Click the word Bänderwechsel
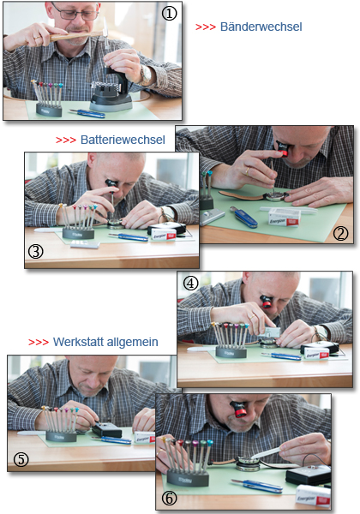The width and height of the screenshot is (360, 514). tap(261, 27)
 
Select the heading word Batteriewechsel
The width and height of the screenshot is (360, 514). tap(123, 140)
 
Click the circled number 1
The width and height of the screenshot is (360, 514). tap(169, 14)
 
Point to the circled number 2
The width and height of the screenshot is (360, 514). tap(340, 233)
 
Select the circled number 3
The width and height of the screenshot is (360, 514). tap(35, 252)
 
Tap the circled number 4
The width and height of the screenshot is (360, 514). tap(190, 283)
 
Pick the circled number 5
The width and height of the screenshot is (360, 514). tap(21, 459)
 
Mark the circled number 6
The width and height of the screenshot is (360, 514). tap(170, 499)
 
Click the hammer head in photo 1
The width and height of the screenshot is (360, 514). tap(105, 31)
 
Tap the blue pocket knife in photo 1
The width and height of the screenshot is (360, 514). tap(87, 113)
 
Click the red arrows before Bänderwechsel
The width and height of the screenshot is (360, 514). tap(206, 27)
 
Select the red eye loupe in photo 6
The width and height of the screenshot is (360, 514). tap(239, 409)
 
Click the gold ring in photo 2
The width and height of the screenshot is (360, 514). tap(247, 171)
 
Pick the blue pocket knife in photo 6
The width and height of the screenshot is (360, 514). tap(257, 486)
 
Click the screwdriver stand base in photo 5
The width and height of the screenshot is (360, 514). tap(61, 437)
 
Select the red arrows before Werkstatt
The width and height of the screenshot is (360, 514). tap(39, 343)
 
